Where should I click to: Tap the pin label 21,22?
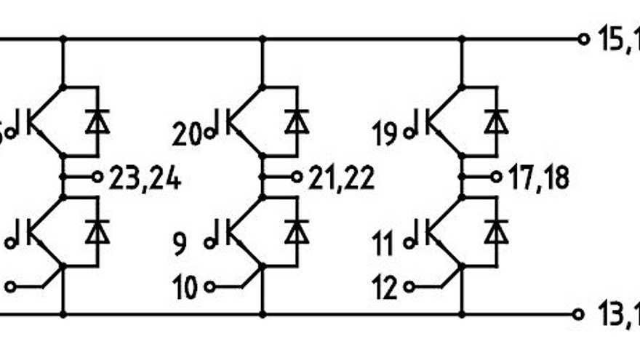tap(342, 177)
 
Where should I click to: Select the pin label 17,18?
tap(540, 177)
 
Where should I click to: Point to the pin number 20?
tap(188, 134)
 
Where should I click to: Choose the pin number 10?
tap(186, 288)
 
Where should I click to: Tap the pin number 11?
tap(385, 241)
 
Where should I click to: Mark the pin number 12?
tap(385, 288)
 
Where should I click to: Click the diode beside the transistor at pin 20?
tap(296, 121)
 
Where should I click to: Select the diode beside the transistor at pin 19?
tap(496, 121)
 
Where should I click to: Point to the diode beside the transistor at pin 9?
tap(296, 231)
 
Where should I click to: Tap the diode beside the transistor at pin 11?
tap(496, 231)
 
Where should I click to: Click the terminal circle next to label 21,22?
tap(297, 177)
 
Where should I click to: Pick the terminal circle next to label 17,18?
tap(496, 177)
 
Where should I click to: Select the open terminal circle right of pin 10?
tap(210, 287)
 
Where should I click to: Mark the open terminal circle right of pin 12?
tap(409, 287)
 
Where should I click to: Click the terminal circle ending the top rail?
tap(581, 39)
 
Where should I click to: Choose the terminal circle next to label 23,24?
tap(98, 177)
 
